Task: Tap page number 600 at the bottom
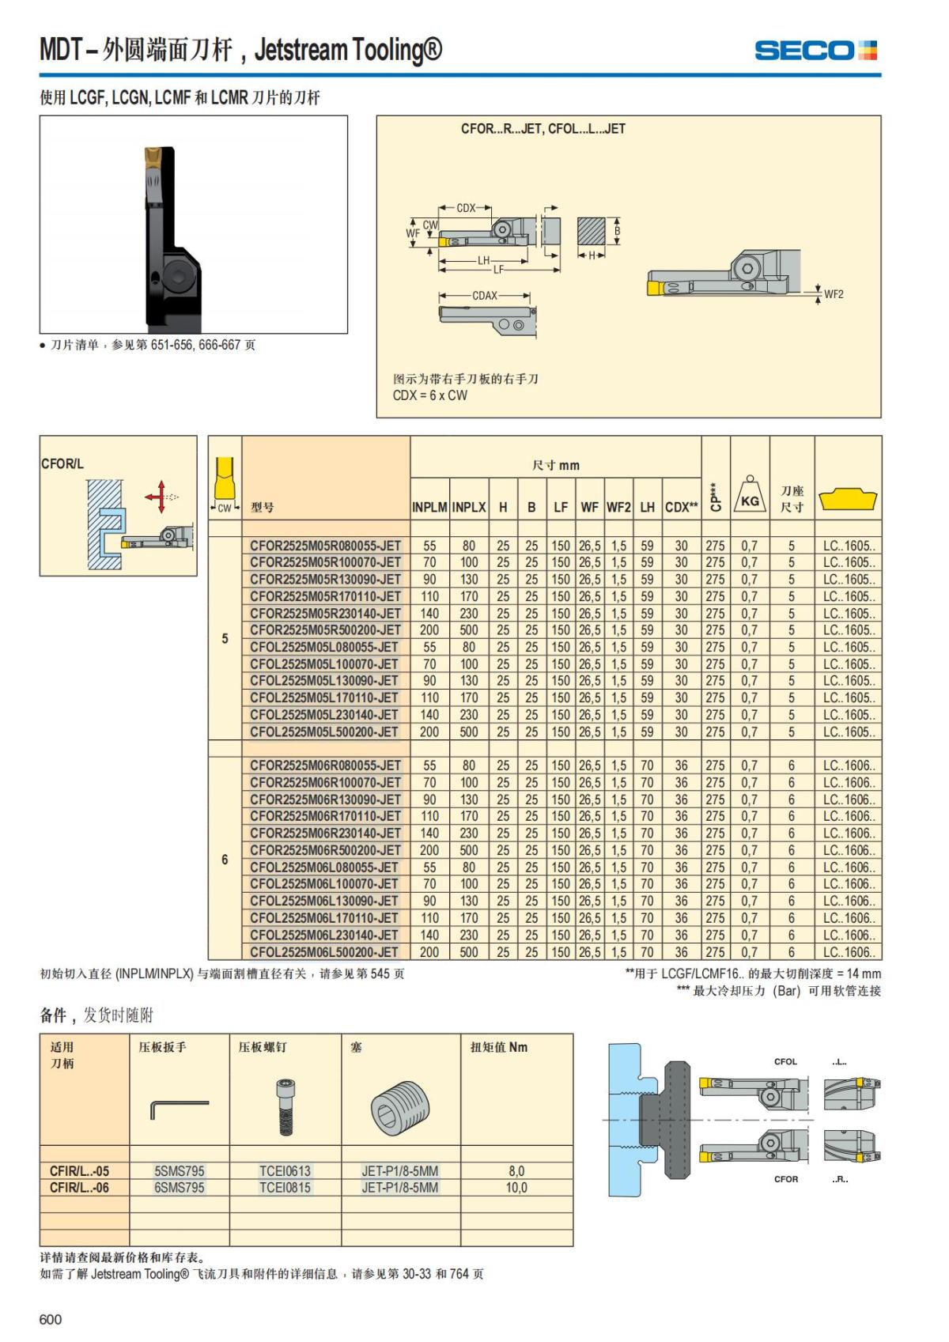pos(51,1319)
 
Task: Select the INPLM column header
pos(429,508)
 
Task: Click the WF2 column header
pos(618,508)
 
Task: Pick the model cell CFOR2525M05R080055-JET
pos(325,546)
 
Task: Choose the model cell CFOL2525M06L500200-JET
pos(324,952)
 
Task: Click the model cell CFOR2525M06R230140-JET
pos(325,833)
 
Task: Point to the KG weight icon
pos(750,496)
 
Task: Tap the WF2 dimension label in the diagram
pos(834,294)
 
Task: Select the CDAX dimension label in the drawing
pos(485,296)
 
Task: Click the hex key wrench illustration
pos(179,1108)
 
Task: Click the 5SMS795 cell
pos(180,1171)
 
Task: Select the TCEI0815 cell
pos(285,1188)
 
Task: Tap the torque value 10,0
pos(516,1188)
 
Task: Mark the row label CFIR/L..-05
pos(80,1171)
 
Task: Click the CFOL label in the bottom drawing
pos(785,1062)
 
